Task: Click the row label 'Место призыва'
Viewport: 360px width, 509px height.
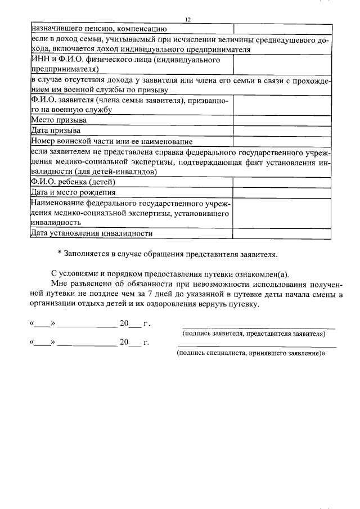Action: [x=58, y=120]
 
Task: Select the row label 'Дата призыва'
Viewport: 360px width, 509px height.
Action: [x=56, y=130]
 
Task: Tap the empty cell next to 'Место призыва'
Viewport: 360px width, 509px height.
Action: [x=282, y=120]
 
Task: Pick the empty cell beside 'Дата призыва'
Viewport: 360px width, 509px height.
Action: [x=282, y=130]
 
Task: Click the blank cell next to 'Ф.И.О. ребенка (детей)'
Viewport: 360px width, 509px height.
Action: [x=282, y=182]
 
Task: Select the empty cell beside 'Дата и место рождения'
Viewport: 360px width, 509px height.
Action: [x=282, y=192]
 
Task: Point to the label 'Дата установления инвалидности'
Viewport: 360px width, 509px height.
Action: [x=92, y=233]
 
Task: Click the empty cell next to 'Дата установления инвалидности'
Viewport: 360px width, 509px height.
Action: [x=282, y=233]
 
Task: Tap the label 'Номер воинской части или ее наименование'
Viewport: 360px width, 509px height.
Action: [x=112, y=141]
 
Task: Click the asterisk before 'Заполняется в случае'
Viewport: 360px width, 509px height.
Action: [x=60, y=255]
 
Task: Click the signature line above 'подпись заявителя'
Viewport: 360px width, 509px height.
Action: [x=258, y=327]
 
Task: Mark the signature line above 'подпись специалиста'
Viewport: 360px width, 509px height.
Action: [x=258, y=347]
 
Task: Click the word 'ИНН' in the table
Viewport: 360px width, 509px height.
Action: [x=40, y=59]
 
